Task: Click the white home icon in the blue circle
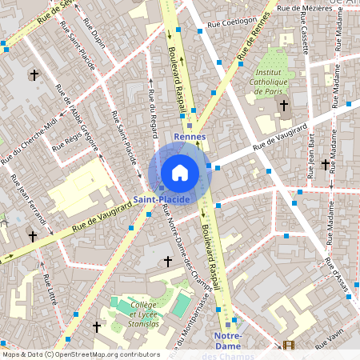point(180,172)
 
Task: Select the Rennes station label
point(190,137)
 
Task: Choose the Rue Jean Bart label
point(311,160)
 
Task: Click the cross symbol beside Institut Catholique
point(284,105)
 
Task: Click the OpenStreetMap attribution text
point(81,354)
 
